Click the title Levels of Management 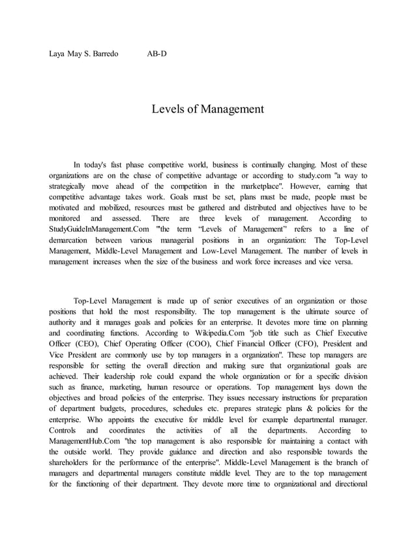click(208, 109)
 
